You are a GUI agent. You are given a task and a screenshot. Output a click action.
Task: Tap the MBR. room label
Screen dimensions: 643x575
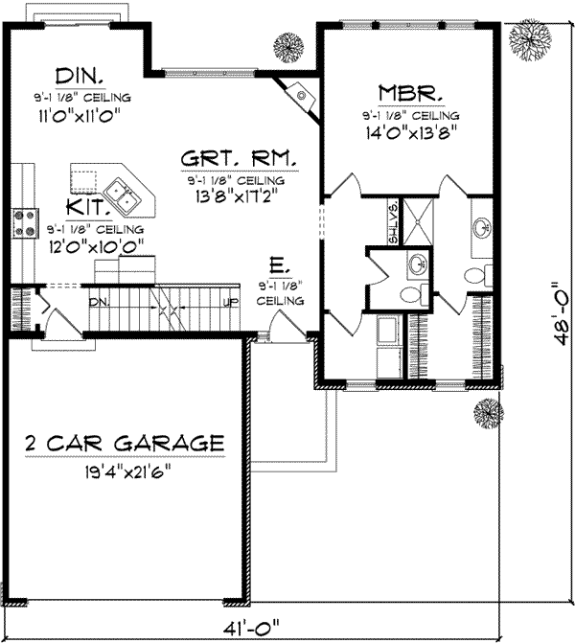pos(409,94)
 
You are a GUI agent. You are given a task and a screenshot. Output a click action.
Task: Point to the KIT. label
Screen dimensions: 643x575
pos(86,207)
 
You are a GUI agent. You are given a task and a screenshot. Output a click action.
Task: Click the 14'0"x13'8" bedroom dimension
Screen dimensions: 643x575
pos(408,134)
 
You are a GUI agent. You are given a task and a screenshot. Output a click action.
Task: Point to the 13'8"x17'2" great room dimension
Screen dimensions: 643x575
pos(238,198)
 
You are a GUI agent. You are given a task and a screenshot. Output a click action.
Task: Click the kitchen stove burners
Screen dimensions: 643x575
pos(22,222)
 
